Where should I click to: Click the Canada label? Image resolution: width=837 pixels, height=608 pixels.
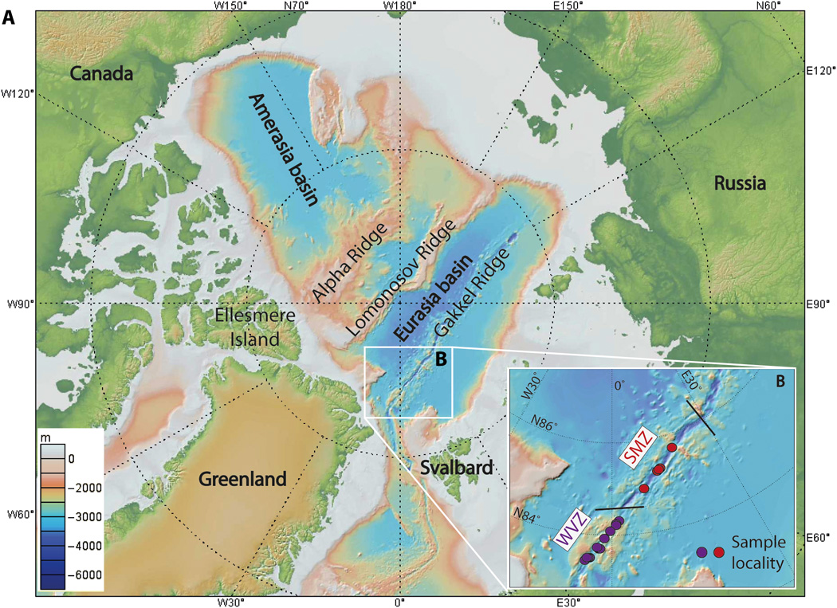point(101,73)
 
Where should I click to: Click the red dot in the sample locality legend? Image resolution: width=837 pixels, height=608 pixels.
point(718,551)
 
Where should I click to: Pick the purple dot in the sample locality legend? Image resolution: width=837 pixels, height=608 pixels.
point(701,551)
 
